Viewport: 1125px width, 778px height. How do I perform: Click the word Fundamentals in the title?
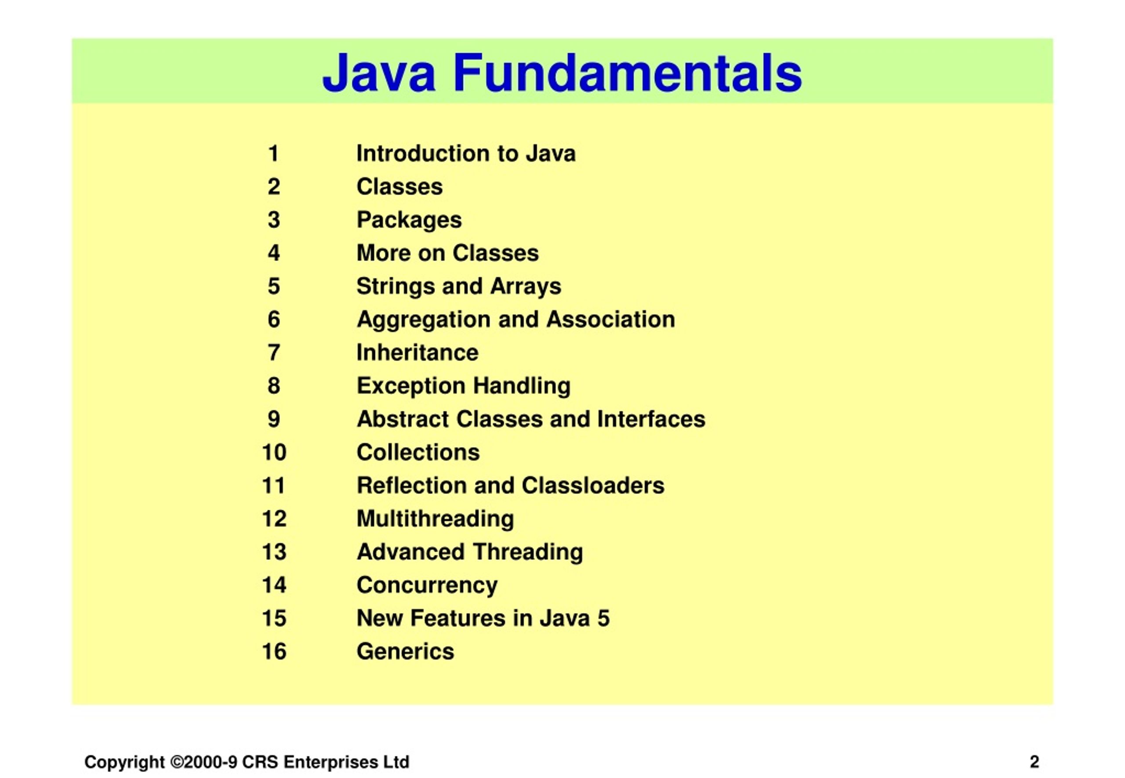tap(628, 73)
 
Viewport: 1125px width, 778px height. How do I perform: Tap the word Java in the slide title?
tap(378, 73)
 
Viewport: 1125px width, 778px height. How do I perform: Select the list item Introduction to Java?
tap(466, 154)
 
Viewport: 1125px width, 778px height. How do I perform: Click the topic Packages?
tap(409, 220)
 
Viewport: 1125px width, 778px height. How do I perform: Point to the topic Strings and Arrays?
tap(459, 286)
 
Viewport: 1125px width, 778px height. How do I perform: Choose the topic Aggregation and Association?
tap(515, 320)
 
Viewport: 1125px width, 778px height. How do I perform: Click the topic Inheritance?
tap(417, 353)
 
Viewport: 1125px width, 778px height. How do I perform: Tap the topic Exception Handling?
tap(464, 386)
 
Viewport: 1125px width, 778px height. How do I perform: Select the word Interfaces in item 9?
tap(651, 419)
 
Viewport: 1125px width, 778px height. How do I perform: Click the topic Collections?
tap(418, 452)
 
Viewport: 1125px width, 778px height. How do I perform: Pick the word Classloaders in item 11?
tap(593, 486)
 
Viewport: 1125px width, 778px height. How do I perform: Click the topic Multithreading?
tap(435, 519)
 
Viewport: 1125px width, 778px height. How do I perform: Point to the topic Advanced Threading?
tap(470, 552)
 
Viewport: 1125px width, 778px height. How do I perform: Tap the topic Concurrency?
tap(427, 585)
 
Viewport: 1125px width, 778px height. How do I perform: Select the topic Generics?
tap(405, 652)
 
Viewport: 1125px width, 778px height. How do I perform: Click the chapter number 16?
tap(274, 652)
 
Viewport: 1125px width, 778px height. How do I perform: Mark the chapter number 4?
tap(274, 253)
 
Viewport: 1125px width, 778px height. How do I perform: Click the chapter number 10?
tap(274, 452)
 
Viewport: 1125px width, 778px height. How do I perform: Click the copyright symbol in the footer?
tap(177, 761)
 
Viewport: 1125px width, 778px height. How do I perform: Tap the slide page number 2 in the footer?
tap(1034, 761)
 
